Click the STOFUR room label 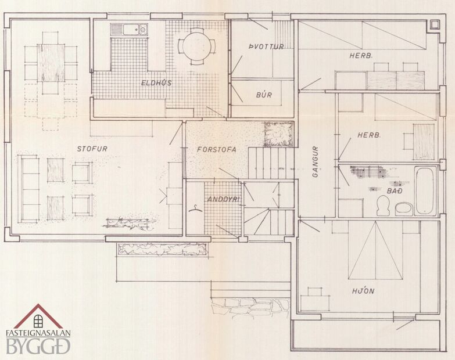tap(92, 149)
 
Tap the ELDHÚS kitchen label tap(156, 83)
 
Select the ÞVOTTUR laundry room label tap(266, 46)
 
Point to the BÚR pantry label tap(264, 94)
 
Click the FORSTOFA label tap(216, 149)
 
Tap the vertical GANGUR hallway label tap(317, 165)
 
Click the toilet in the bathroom tap(383, 204)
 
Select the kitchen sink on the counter tap(128, 28)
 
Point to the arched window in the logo tap(38, 320)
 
